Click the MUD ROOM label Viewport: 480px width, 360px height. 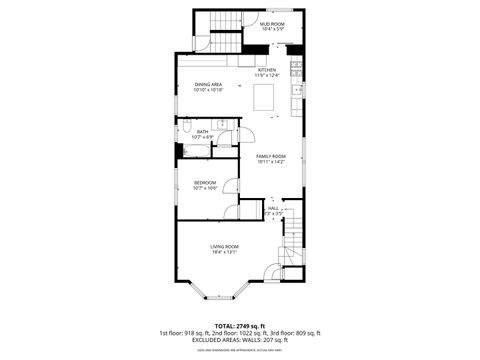pyautogui.click(x=272, y=23)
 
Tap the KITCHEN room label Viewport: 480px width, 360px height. pyautogui.click(x=267, y=70)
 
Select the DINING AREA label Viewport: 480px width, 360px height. pyautogui.click(x=208, y=84)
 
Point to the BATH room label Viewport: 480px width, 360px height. pyautogui.click(x=202, y=131)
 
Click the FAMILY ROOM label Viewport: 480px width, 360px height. pyautogui.click(x=271, y=156)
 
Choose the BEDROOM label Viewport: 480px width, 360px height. pyautogui.click(x=205, y=182)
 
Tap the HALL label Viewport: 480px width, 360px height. pyautogui.click(x=273, y=208)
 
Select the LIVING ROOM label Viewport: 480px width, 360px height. pyautogui.click(x=224, y=246)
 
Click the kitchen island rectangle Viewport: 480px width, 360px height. pyautogui.click(x=264, y=98)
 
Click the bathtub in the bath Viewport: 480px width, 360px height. pyautogui.click(x=195, y=151)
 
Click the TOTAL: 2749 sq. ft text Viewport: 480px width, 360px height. pyautogui.click(x=240, y=325)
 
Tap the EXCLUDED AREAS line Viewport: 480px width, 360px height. pyautogui.click(x=240, y=339)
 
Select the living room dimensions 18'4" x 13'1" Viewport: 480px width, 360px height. pyautogui.click(x=224, y=252)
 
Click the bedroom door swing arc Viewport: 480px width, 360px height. pyautogui.click(x=232, y=186)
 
